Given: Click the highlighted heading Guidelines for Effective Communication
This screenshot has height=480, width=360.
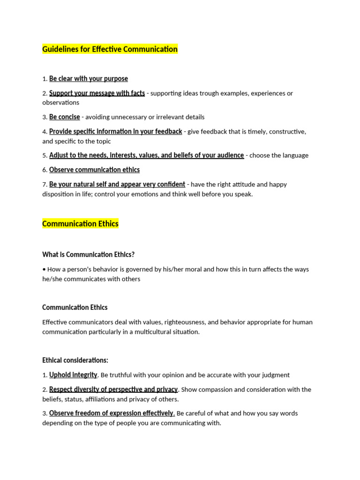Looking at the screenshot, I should [x=110, y=49].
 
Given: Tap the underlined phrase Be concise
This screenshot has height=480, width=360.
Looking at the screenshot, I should [x=65, y=117].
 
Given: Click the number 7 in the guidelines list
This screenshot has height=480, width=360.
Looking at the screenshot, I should [x=44, y=185].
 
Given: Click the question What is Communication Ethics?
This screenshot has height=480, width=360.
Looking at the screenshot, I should [x=88, y=255].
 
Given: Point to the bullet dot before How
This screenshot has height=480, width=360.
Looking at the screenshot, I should [x=44, y=270].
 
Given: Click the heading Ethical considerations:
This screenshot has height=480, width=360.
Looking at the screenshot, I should [x=75, y=360].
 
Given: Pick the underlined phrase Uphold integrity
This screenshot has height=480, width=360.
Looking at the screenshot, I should [x=73, y=375].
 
